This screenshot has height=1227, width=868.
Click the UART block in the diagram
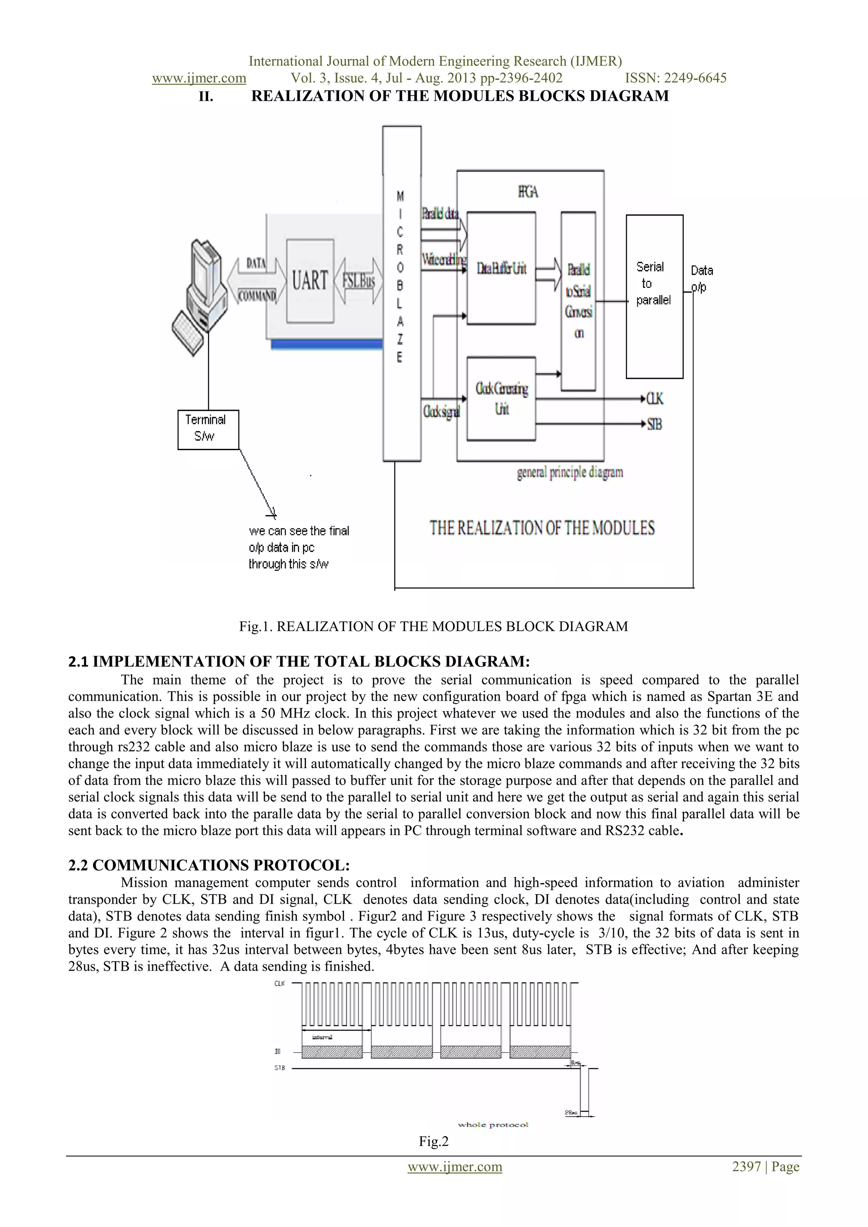tap(310, 281)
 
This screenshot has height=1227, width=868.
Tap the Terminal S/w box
tap(208, 429)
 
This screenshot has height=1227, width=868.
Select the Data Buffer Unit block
tap(501, 268)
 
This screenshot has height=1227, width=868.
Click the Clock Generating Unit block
tap(501, 399)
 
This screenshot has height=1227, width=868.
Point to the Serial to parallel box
tap(654, 296)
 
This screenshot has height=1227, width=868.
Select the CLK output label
tap(655, 399)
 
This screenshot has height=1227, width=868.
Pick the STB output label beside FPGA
tap(655, 424)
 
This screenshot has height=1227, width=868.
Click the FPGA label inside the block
tap(528, 192)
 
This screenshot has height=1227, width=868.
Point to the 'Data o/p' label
tap(702, 278)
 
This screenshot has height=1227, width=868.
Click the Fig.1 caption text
tap(434, 626)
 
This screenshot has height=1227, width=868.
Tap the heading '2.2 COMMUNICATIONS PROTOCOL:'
tap(209, 865)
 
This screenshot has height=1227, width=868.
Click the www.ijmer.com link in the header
tap(199, 78)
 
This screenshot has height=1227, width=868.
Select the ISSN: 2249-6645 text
tap(676, 78)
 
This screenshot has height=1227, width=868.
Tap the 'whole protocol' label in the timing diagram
tap(493, 1125)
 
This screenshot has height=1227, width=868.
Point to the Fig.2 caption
tap(434, 1141)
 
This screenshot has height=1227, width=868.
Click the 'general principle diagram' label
tap(570, 473)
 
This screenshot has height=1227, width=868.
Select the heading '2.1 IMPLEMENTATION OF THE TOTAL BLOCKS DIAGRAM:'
tap(299, 662)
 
